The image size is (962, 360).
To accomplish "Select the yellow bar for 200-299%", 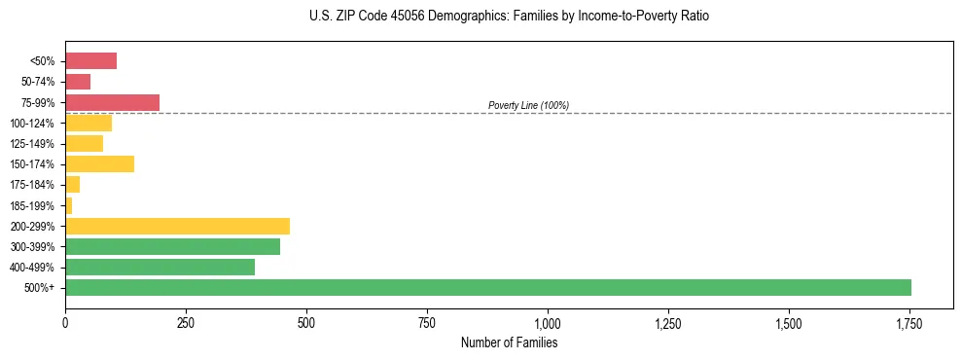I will (x=177, y=226).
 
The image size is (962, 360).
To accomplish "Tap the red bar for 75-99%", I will (x=112, y=102).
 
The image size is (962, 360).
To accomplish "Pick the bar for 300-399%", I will (x=172, y=246).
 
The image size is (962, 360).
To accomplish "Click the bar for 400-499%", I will (x=160, y=267).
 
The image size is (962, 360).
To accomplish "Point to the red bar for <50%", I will (x=90, y=61).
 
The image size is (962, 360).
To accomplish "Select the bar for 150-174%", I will (x=99, y=163).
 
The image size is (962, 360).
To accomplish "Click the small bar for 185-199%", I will (x=69, y=205).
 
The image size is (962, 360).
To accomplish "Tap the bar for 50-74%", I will (x=78, y=82).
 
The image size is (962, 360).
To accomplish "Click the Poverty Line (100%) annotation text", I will (x=528, y=105).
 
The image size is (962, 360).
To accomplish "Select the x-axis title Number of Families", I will (x=509, y=342).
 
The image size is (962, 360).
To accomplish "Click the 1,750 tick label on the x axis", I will (x=909, y=322).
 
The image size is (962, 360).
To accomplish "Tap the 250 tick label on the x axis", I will (x=186, y=322).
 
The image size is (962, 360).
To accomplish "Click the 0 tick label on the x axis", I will (x=65, y=322).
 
